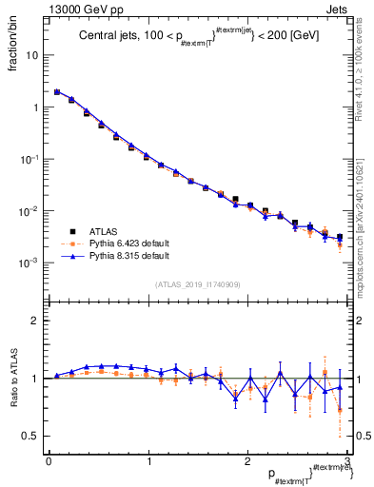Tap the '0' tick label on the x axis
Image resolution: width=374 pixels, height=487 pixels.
coord(48,461)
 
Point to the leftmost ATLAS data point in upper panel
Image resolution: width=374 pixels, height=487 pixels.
coord(57,92)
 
